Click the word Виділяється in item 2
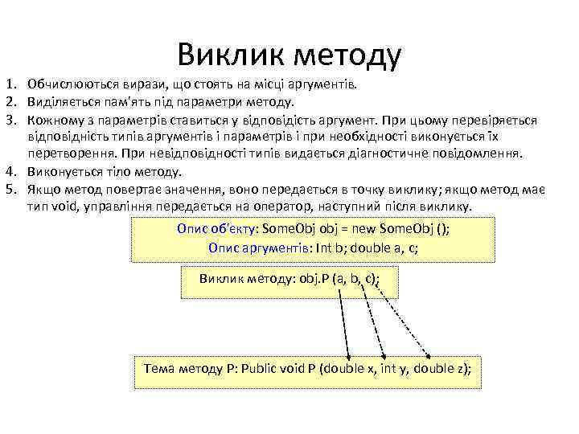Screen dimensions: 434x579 (x=60, y=101)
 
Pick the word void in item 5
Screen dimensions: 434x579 (x=64, y=207)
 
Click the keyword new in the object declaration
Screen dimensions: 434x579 (x=365, y=228)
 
